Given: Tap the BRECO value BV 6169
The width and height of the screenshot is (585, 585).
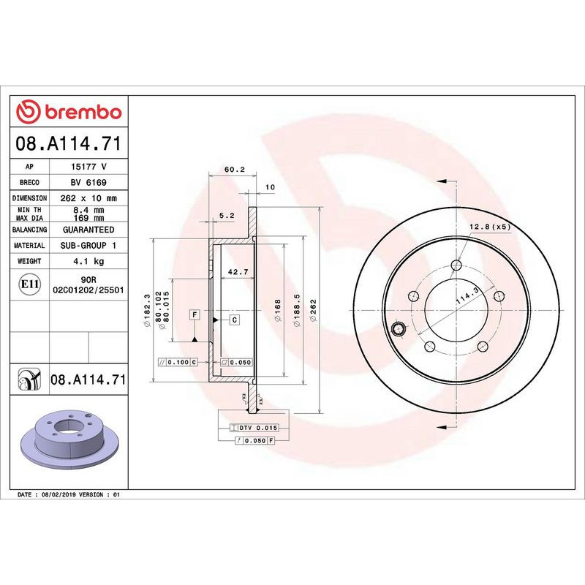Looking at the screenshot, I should point(88,183).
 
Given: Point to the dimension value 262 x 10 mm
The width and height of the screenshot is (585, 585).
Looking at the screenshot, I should point(88,198).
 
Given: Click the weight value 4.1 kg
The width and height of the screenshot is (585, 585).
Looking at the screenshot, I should point(88,261).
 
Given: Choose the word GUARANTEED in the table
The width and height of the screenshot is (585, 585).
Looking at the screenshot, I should point(88,230).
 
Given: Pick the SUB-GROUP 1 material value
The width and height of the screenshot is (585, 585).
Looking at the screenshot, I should point(88,246).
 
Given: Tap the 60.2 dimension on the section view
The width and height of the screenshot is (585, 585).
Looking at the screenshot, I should point(233,170).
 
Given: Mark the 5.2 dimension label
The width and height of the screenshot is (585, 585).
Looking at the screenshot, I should point(226,216).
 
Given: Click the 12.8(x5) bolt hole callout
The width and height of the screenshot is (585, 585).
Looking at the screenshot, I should point(490,227).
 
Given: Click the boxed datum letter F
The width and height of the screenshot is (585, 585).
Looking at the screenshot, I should point(195,315).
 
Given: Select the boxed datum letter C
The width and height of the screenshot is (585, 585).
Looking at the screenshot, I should point(235,320).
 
